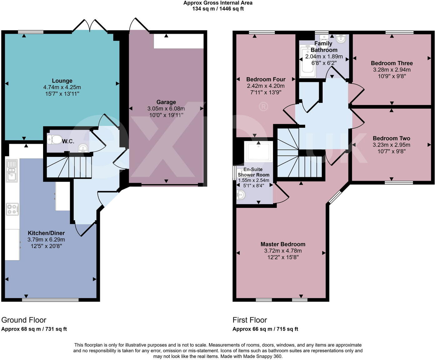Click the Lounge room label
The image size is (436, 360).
(x=62, y=81)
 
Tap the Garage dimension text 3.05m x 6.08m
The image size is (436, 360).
(x=166, y=109)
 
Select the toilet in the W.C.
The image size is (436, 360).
(x=55, y=139)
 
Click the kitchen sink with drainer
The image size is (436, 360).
(x=12, y=171)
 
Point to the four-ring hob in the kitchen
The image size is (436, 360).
(x=12, y=209)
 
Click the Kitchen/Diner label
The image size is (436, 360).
(x=46, y=233)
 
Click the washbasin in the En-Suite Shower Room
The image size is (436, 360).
(x=241, y=195)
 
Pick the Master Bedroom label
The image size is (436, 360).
(x=283, y=244)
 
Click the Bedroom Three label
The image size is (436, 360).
(x=392, y=63)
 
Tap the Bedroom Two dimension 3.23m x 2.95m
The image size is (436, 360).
(x=391, y=145)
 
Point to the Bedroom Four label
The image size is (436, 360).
(x=266, y=79)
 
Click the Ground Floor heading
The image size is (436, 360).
(x=24, y=320)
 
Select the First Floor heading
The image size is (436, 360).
(x=250, y=320)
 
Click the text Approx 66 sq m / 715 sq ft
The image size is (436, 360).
(x=265, y=329)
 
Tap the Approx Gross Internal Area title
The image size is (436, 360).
(x=218, y=3)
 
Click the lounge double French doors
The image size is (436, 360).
(x=90, y=26)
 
